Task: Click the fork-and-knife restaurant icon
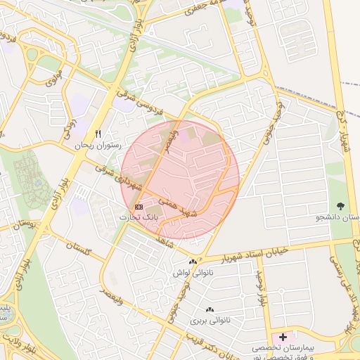point(98,134)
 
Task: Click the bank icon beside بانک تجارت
point(139,207)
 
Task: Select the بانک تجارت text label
point(139,217)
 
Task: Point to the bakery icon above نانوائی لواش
point(193,262)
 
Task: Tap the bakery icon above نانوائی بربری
point(209,309)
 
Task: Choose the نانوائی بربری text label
point(210,320)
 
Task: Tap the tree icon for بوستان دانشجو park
point(342,206)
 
